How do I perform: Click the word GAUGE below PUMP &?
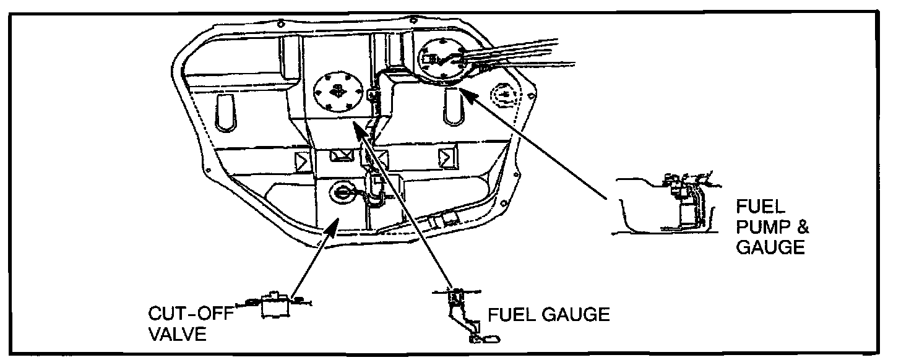pos(770,248)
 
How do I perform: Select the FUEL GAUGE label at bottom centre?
pos(549,315)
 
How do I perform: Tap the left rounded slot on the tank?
pos(226,109)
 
